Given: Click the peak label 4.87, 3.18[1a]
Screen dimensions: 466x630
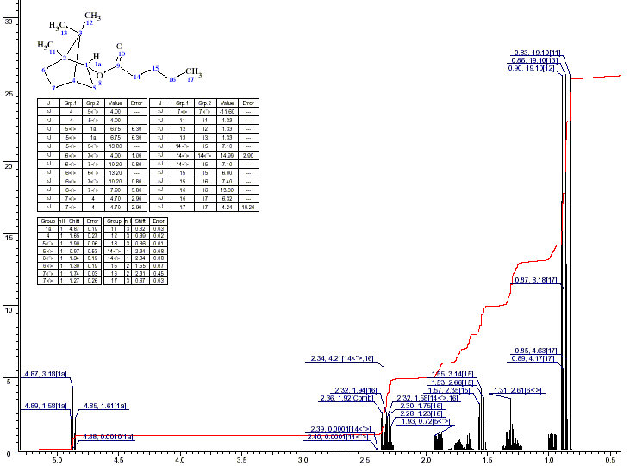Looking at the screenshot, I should point(46,375).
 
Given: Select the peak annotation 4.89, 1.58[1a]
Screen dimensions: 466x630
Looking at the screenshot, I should point(46,406).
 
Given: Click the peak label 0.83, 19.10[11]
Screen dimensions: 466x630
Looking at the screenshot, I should point(538,53).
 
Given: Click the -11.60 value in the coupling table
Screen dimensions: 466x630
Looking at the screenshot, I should point(227,111).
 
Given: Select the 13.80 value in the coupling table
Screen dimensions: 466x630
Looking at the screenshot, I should point(115,146).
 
